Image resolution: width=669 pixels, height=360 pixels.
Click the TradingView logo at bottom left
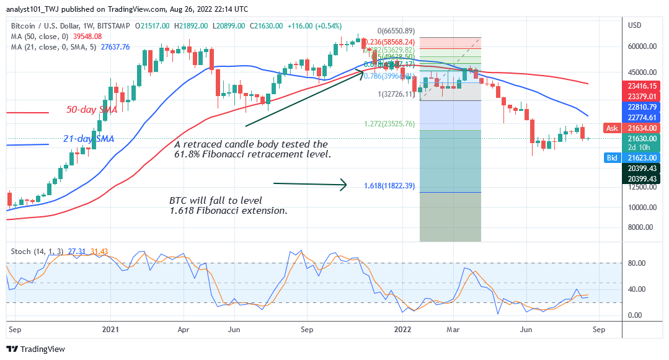tap(35, 349)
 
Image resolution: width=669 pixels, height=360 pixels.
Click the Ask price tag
tap(613, 128)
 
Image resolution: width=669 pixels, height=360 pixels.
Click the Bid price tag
tap(613, 158)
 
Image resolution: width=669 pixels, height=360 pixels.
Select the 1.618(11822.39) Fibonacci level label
tap(389, 185)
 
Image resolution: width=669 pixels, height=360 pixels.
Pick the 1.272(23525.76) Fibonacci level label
tap(389, 123)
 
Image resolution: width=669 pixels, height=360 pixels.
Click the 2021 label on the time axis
tap(110, 330)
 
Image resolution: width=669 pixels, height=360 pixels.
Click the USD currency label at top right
tap(634, 25)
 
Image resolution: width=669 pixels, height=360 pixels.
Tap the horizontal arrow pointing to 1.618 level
tap(310, 183)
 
